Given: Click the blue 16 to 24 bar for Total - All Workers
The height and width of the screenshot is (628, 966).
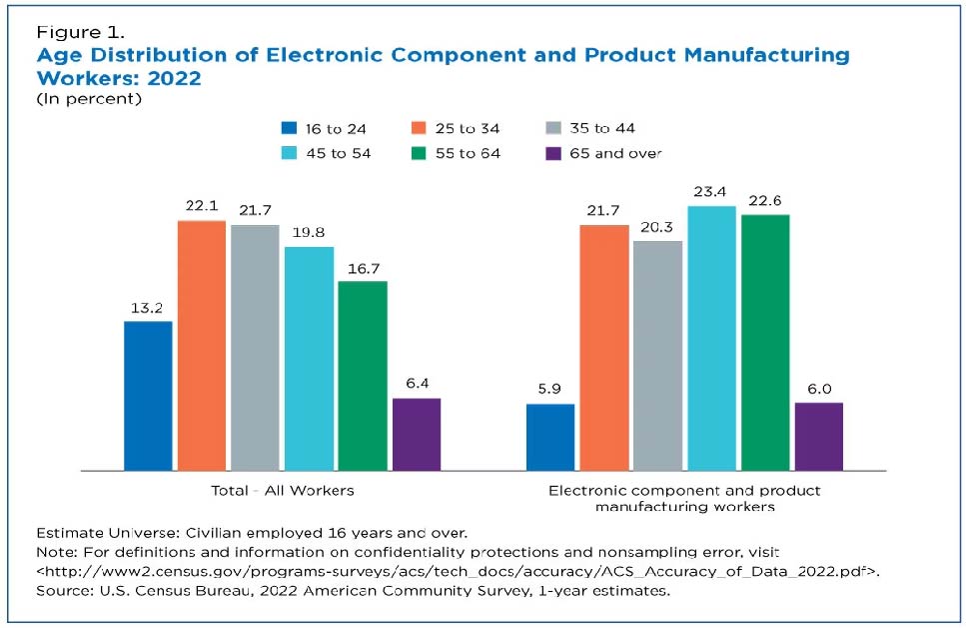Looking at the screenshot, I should [x=148, y=395].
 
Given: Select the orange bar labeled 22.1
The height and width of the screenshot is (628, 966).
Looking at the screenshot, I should [x=202, y=345].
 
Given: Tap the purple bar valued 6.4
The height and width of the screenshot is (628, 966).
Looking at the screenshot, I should [x=417, y=434].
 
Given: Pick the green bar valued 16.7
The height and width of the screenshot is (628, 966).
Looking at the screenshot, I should [x=363, y=375].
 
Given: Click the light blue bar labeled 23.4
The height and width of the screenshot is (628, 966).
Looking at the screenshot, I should [x=711, y=338].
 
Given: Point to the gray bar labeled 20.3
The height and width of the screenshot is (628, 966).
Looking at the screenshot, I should [x=657, y=355].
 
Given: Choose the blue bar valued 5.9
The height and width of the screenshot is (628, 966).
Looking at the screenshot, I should [x=550, y=437].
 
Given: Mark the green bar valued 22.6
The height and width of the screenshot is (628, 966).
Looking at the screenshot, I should [x=765, y=342].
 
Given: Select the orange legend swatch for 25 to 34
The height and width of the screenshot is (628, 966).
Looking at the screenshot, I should [x=418, y=128].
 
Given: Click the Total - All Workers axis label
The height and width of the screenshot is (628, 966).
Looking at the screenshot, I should [x=283, y=491].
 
